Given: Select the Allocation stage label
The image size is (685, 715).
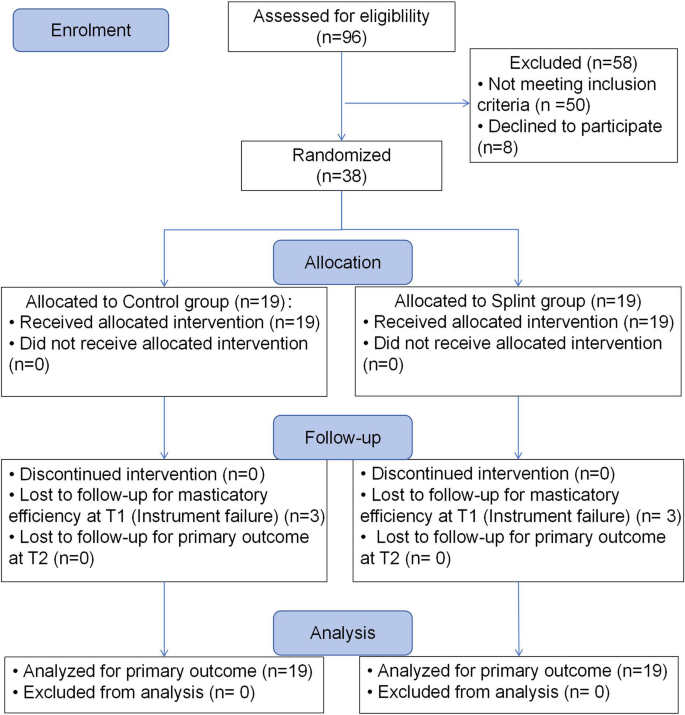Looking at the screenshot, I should (x=342, y=262).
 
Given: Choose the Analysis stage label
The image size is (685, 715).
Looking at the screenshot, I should (x=342, y=632).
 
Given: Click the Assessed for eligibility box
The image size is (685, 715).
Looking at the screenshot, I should (x=342, y=27).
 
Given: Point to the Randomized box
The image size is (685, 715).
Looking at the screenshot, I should (x=342, y=165).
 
